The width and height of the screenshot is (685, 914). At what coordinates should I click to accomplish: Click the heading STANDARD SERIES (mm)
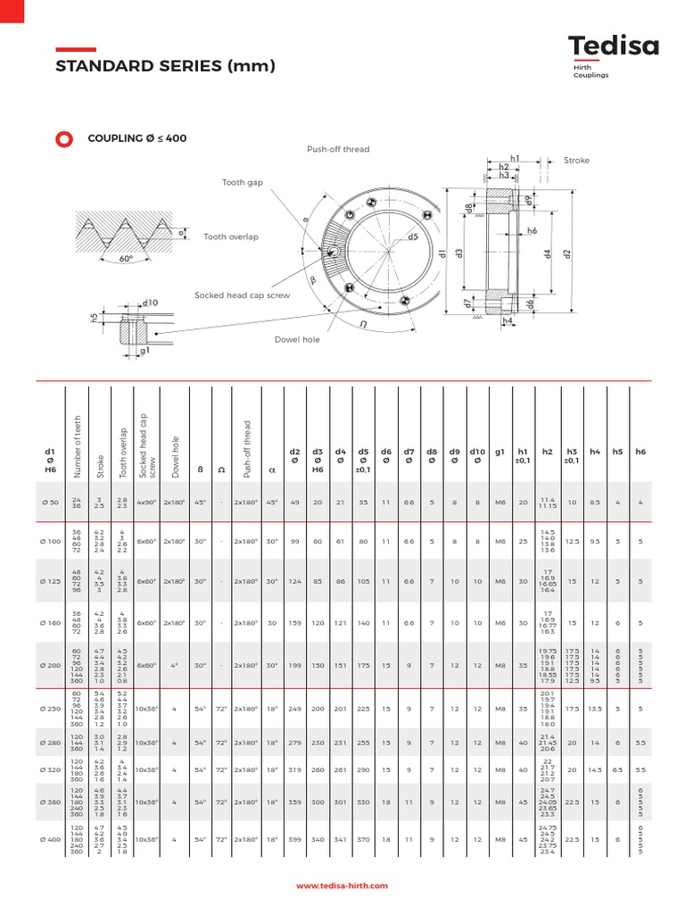[x=166, y=67]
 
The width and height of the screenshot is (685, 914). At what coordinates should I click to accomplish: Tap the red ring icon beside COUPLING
[x=63, y=138]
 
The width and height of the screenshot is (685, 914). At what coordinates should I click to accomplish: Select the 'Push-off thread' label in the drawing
[x=338, y=150]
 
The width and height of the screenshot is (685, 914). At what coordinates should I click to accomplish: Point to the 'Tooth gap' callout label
[x=243, y=182]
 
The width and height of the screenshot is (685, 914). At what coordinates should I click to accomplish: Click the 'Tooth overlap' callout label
[x=231, y=237]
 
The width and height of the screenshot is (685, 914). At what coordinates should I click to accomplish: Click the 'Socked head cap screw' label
[x=242, y=295]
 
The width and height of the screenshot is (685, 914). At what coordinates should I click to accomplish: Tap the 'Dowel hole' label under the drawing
[x=297, y=339]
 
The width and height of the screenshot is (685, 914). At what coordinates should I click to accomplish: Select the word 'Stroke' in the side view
[x=576, y=161]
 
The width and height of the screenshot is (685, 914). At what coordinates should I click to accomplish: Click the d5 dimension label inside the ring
[x=413, y=237]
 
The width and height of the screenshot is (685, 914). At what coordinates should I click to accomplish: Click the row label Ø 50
[x=50, y=503]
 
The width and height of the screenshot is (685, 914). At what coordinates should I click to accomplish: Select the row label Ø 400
[x=50, y=840]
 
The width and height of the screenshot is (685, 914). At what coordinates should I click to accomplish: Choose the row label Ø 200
[x=50, y=665]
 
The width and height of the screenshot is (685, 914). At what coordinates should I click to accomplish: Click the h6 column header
[x=640, y=452]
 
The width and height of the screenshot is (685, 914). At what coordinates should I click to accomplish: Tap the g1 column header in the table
[x=499, y=452]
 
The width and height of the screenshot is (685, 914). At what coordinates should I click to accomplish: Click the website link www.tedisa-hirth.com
[x=342, y=885]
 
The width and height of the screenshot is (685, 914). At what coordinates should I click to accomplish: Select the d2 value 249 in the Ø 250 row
[x=294, y=709]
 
